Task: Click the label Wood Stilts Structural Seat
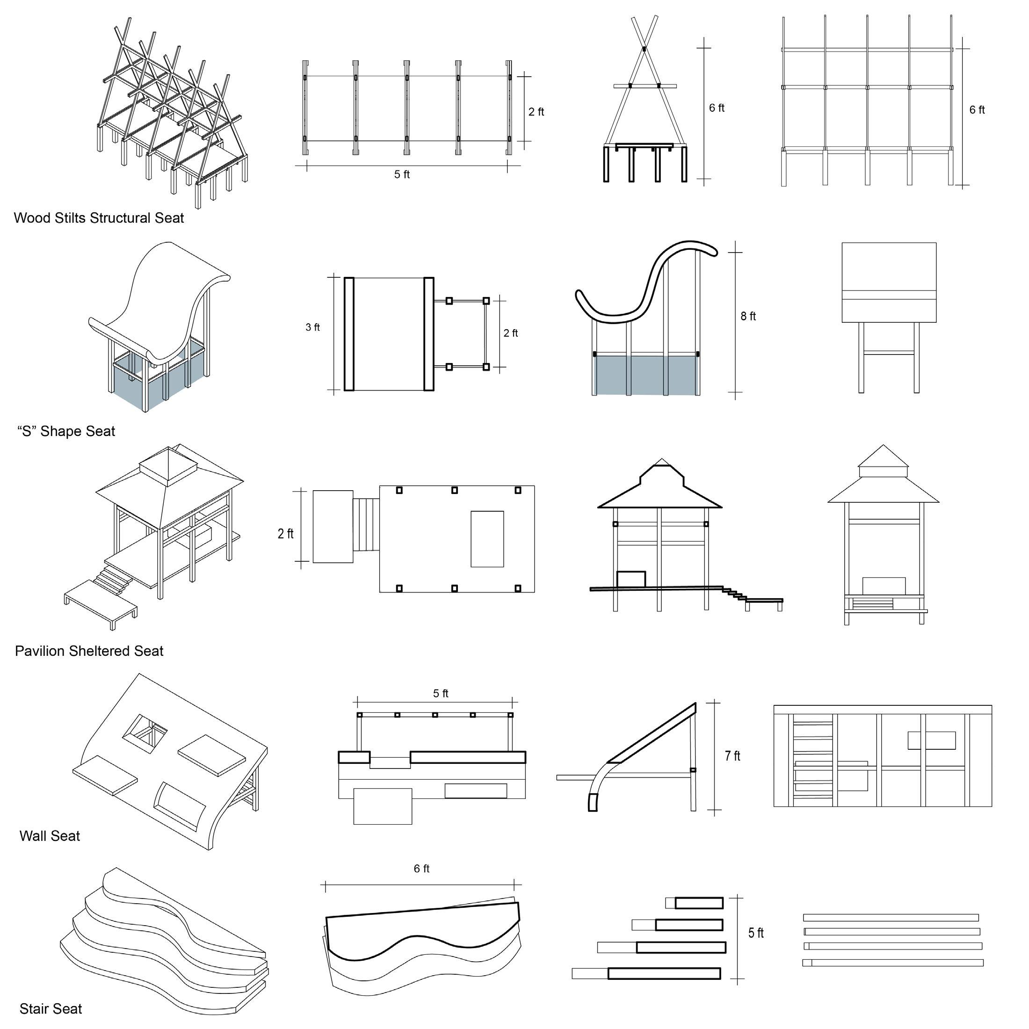[x=99, y=218]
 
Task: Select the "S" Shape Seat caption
[x=66, y=431]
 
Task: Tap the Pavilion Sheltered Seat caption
[x=89, y=651]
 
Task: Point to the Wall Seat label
[x=50, y=836]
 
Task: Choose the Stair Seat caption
[x=51, y=1009]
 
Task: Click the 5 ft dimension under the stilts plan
[x=402, y=174]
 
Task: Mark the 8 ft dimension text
[x=748, y=316]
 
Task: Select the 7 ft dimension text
[x=732, y=756]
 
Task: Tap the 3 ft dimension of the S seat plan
[x=312, y=327]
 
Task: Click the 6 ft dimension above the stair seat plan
[x=421, y=869]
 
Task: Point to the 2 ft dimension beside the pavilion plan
[x=285, y=534]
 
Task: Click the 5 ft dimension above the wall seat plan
[x=441, y=694]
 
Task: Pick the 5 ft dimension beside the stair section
[x=756, y=933]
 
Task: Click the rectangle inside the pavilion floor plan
[x=487, y=538]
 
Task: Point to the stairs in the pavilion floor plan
[x=366, y=525]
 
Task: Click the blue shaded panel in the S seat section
[x=645, y=376]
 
